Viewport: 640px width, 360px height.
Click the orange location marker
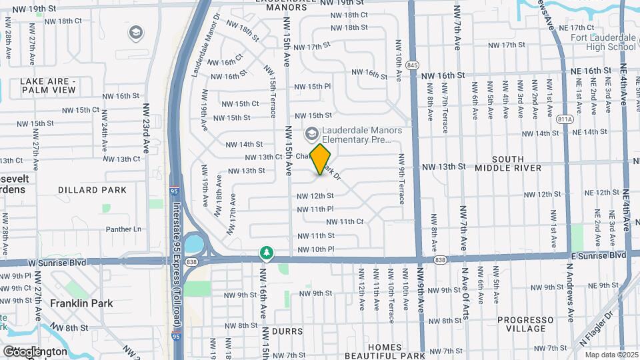(321, 159)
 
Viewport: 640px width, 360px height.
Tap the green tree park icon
(267, 252)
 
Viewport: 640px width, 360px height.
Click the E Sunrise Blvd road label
(597, 255)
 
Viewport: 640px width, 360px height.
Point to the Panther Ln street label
(123, 229)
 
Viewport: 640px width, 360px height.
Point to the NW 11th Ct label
(344, 221)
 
